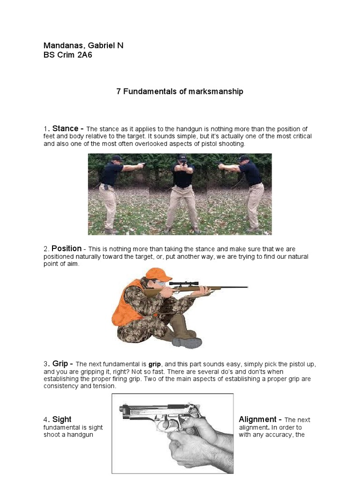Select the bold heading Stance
click(x=65, y=128)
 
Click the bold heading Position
click(x=67, y=248)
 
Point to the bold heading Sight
click(x=62, y=419)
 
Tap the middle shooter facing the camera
click(x=181, y=192)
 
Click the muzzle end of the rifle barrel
click(x=246, y=287)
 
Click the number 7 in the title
click(x=119, y=91)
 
